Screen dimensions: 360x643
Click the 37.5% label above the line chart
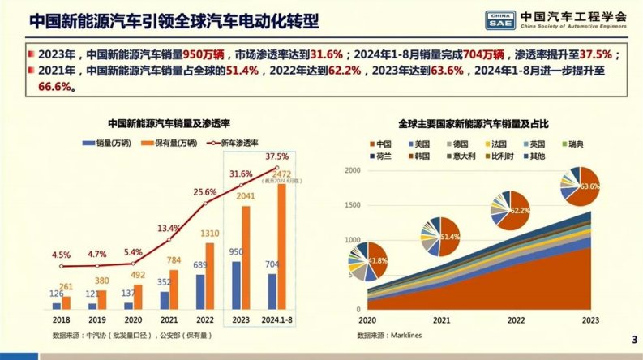coord(276,156)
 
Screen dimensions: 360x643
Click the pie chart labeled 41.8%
coord(372,260)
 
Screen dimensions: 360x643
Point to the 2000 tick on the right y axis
coord(350,170)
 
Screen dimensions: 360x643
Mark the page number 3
coord(633,339)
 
